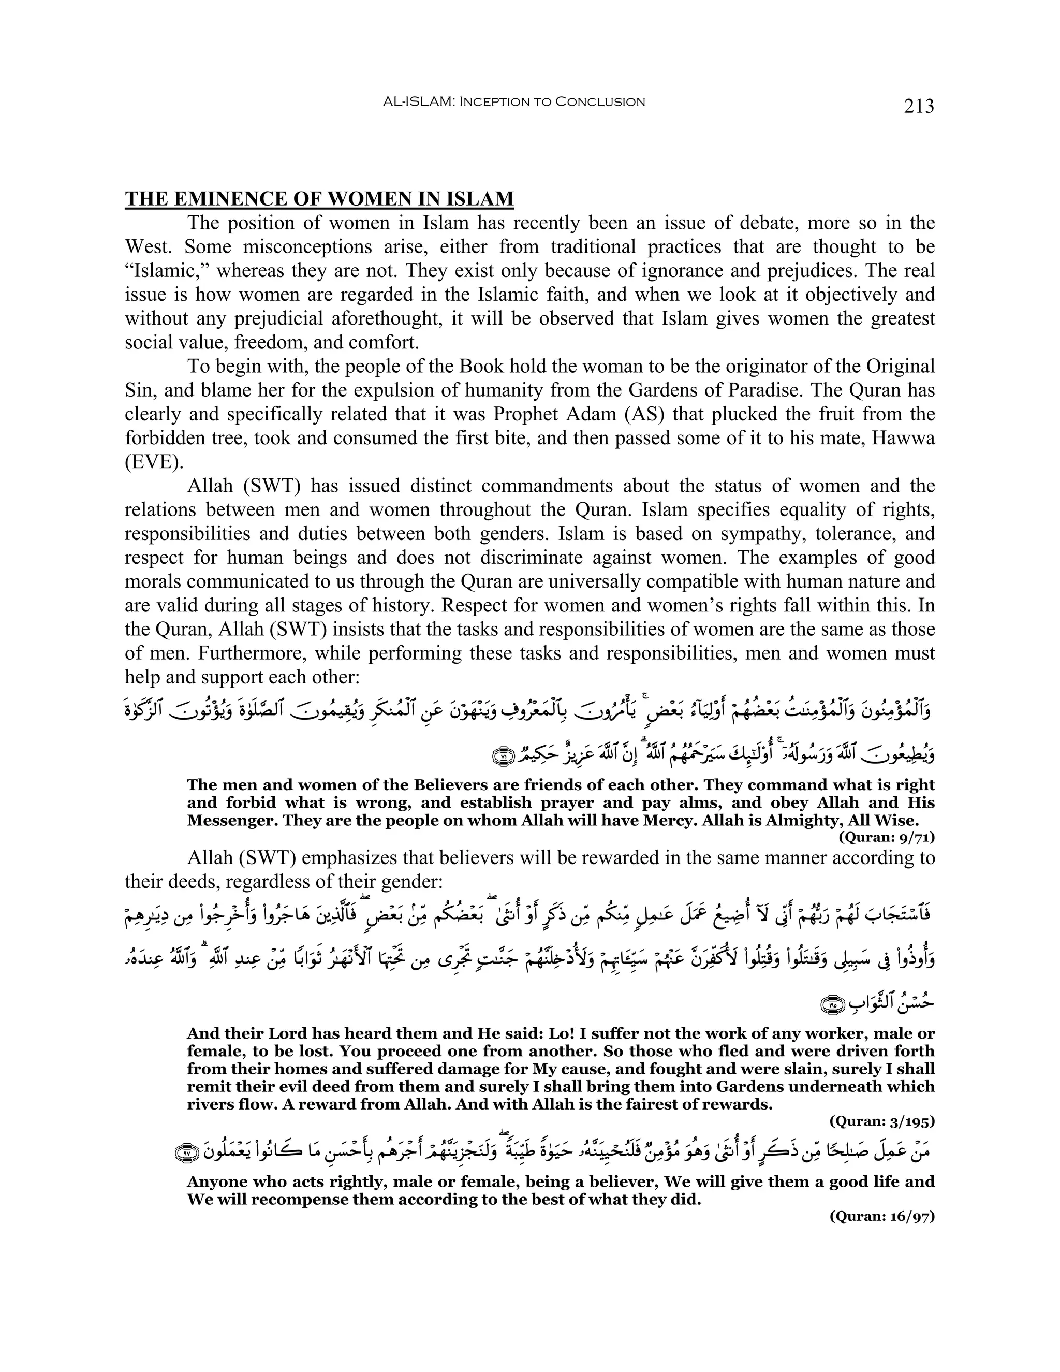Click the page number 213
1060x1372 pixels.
(919, 106)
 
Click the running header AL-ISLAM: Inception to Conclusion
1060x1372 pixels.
(513, 102)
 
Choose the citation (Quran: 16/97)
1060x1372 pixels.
(882, 1234)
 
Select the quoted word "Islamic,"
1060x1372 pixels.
(167, 271)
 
